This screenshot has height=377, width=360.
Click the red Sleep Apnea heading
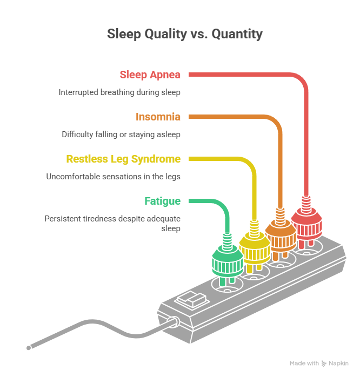click(150, 75)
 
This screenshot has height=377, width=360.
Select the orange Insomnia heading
click(158, 117)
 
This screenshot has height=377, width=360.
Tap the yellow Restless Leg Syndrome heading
click(123, 159)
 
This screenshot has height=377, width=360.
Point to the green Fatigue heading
click(162, 201)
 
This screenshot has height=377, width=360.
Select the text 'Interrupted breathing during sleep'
click(119, 92)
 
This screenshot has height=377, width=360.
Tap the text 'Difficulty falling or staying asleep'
click(121, 134)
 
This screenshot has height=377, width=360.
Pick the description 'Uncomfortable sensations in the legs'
click(113, 177)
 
